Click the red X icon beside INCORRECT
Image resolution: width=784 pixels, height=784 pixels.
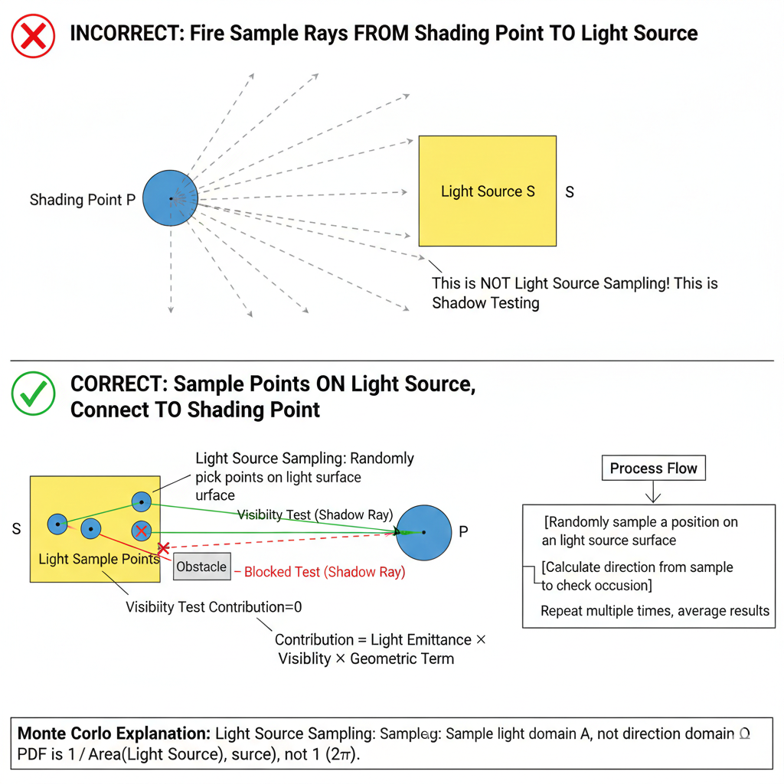(33, 35)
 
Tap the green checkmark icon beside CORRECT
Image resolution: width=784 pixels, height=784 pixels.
(34, 394)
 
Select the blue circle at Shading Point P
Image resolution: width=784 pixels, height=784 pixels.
(170, 198)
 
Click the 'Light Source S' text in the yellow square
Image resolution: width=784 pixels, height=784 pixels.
(488, 191)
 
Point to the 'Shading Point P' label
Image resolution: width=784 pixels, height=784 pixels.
(83, 200)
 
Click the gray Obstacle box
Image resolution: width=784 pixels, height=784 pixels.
(201, 567)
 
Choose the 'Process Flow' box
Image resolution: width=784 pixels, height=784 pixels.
(653, 469)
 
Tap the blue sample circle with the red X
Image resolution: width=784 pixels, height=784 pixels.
(141, 531)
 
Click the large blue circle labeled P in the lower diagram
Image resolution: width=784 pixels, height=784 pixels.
(423, 532)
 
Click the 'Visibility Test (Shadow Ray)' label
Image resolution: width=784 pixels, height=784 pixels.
(315, 514)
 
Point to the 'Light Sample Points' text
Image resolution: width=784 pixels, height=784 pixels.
(99, 559)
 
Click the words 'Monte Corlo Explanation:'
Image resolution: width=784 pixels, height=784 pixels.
(114, 733)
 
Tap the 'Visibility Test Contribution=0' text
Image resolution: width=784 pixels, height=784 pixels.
(214, 607)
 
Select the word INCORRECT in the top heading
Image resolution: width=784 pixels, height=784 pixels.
(123, 34)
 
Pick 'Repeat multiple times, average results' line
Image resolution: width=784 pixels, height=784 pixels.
(655, 610)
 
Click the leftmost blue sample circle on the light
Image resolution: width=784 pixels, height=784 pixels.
(57, 524)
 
